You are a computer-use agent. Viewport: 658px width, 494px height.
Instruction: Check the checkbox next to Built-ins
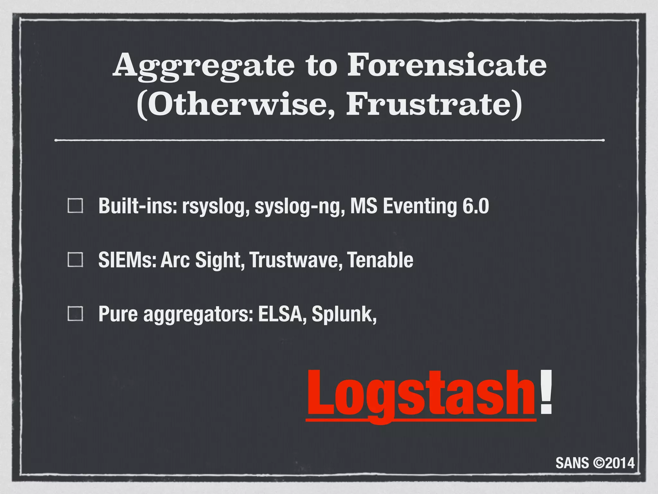coord(76,206)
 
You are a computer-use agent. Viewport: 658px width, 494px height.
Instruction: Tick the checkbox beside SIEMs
coord(76,260)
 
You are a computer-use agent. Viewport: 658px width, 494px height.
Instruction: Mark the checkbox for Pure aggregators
coord(76,314)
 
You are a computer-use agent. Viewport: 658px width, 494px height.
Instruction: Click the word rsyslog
coord(216,206)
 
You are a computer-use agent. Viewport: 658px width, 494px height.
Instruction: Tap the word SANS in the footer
coord(572,463)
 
